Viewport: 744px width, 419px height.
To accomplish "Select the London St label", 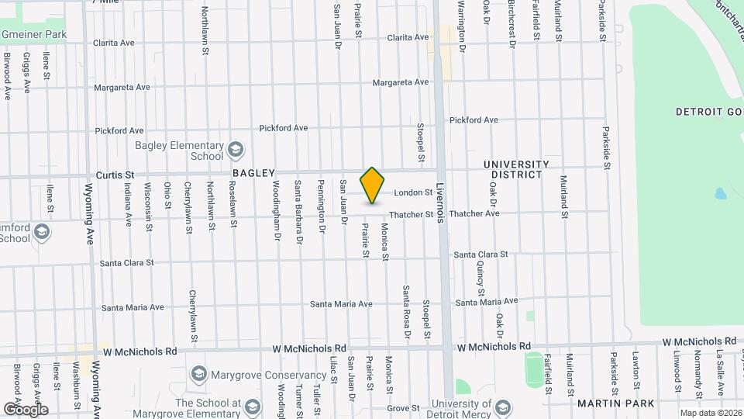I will [412, 192].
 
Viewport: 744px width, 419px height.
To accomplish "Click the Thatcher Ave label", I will [474, 213].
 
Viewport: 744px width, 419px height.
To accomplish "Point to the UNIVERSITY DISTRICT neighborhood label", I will [516, 169].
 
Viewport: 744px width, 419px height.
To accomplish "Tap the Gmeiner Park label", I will [33, 34].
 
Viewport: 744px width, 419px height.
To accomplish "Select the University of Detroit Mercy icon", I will [502, 407].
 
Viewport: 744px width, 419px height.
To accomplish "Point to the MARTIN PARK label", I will [616, 403].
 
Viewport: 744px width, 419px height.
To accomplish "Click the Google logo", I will [26, 409].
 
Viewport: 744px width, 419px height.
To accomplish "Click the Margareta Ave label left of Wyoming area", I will [122, 88].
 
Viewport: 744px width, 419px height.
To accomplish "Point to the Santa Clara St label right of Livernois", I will [480, 255].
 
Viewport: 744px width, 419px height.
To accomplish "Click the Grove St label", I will [403, 407].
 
